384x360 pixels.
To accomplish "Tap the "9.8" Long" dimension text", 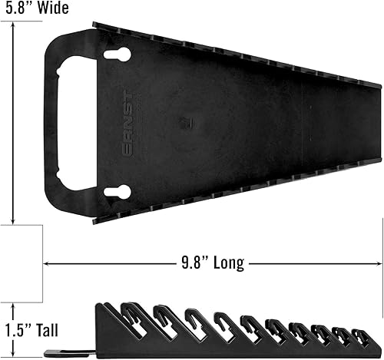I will pos(208,263).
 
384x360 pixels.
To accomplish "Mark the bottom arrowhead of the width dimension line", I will pos(14,218).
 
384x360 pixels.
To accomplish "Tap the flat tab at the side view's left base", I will pos(61,353).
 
